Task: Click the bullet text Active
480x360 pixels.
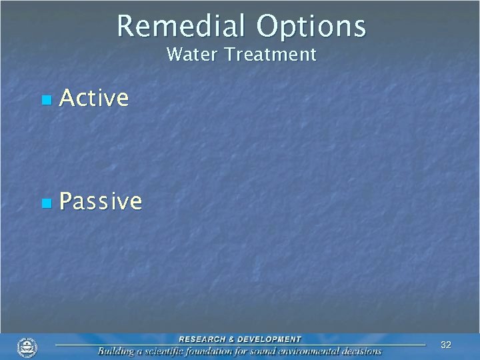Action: (94, 98)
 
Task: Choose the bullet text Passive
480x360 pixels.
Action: (101, 201)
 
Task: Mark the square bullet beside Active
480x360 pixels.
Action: (46, 100)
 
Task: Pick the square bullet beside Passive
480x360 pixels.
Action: (46, 203)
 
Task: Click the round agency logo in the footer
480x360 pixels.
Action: (27, 347)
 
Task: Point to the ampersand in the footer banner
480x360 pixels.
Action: (231, 339)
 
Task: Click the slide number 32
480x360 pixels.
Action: (446, 345)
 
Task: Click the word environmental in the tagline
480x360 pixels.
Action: (318, 351)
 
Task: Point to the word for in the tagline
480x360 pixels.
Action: (250, 351)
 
